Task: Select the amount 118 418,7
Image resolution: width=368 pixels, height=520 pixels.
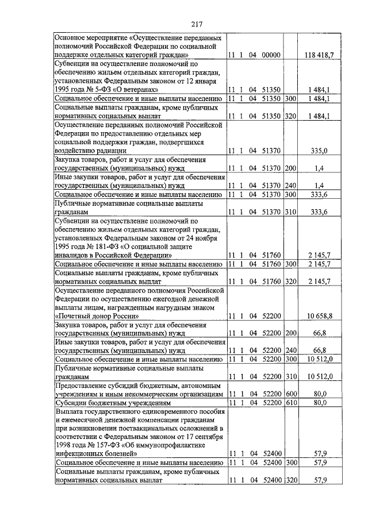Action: tap(319, 55)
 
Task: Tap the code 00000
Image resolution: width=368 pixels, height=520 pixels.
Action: tap(270, 55)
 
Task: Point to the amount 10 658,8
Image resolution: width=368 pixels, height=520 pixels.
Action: tap(317, 316)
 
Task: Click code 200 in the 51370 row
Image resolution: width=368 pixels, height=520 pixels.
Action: tap(290, 168)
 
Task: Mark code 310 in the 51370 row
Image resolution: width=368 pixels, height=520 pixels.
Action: tap(290, 213)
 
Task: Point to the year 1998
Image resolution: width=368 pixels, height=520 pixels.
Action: tap(65, 445)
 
